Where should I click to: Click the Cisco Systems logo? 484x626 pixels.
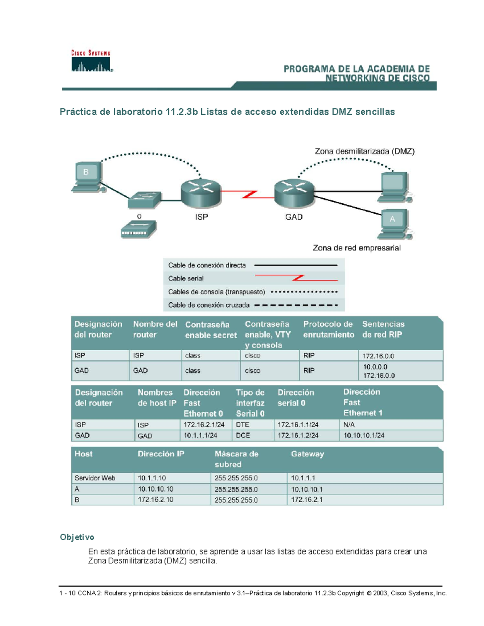[x=91, y=62]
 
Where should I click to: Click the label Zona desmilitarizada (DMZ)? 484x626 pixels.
[x=364, y=152]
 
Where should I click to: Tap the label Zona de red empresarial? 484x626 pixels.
[x=357, y=248]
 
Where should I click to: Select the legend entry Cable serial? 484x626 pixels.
[x=186, y=278]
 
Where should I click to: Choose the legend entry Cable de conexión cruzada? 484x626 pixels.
[x=209, y=305]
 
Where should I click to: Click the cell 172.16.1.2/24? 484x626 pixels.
[x=298, y=435]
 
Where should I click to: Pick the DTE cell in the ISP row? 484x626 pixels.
[x=243, y=424]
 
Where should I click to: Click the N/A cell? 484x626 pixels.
[x=349, y=424]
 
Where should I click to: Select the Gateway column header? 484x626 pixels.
[x=307, y=454]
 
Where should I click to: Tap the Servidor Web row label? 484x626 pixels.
[x=95, y=478]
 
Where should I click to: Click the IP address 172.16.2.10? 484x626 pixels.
[x=156, y=500]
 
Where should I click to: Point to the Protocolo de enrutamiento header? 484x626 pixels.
[x=328, y=329]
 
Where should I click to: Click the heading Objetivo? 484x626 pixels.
[x=77, y=537]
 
